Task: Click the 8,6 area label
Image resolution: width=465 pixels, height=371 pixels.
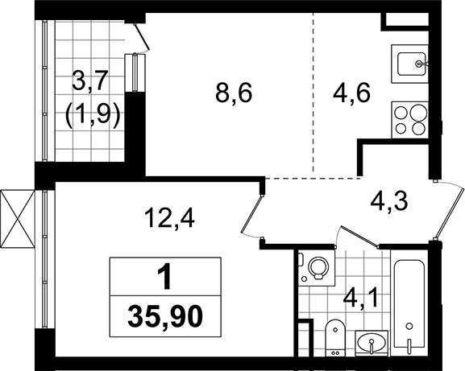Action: [234, 93]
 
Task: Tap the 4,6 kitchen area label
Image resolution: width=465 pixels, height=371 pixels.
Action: [351, 93]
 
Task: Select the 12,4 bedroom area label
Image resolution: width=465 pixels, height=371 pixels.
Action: [170, 217]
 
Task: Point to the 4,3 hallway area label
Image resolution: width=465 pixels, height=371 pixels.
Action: [389, 200]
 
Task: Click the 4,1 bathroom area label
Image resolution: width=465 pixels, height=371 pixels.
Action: [360, 299]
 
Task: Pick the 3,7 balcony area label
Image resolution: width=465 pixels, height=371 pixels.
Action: [89, 80]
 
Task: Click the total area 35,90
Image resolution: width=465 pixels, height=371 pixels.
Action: [165, 316]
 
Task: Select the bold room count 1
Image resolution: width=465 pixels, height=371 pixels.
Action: [165, 276]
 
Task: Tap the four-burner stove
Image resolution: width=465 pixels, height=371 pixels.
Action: [410, 120]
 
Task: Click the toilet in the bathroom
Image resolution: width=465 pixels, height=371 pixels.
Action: [335, 337]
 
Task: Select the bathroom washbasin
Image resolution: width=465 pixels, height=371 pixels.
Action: [372, 343]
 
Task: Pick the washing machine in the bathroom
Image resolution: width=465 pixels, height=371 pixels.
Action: [316, 268]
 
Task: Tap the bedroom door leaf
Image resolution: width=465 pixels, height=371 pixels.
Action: [251, 214]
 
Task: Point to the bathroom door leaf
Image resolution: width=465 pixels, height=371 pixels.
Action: [359, 236]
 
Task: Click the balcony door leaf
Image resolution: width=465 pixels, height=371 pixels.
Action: [142, 36]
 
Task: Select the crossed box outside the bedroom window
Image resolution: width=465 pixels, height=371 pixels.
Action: [18, 219]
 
